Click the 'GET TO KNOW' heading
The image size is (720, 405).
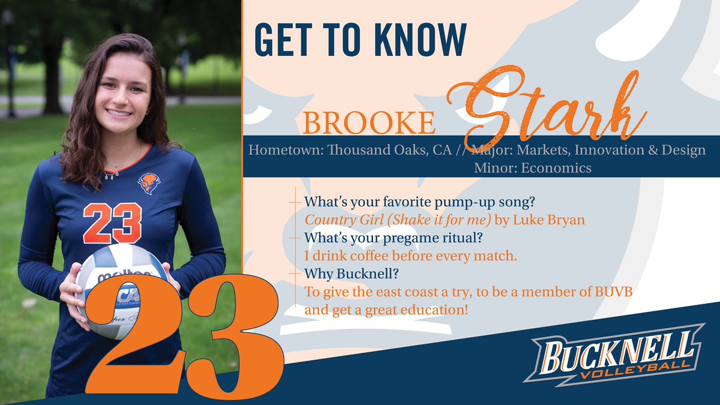click(360, 40)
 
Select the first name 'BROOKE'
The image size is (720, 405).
click(369, 122)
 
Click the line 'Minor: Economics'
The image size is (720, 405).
click(532, 168)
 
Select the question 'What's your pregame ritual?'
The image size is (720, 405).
click(393, 238)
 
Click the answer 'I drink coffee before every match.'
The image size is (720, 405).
click(411, 256)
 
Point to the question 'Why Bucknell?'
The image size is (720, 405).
click(344, 274)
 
